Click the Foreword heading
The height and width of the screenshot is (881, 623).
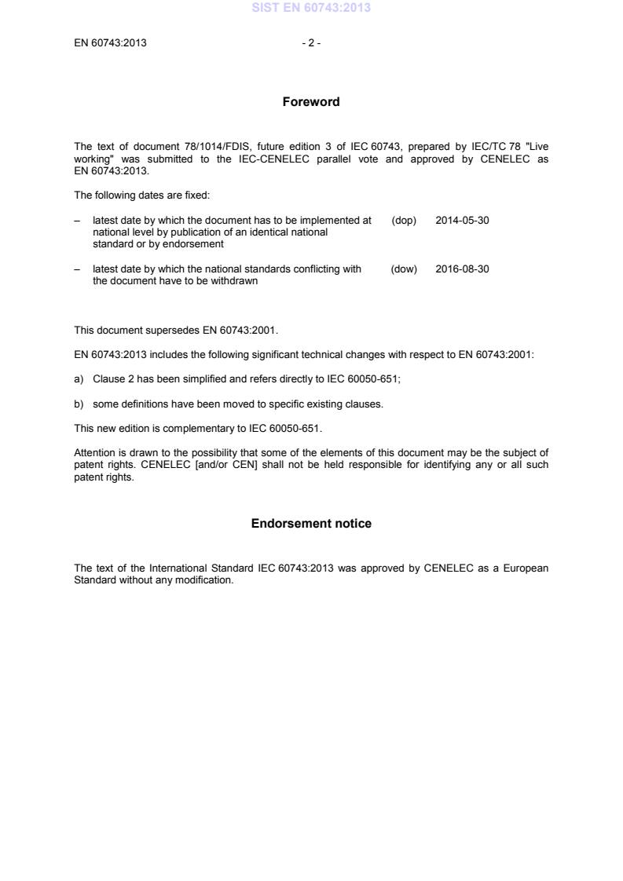[311, 102]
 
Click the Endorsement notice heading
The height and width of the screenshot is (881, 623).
[311, 524]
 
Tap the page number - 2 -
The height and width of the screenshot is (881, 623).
[311, 43]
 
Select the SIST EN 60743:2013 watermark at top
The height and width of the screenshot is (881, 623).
[311, 9]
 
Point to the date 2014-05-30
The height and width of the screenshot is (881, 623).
[462, 221]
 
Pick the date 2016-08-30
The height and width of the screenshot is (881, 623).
[462, 269]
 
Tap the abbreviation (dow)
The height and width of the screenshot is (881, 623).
[404, 269]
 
